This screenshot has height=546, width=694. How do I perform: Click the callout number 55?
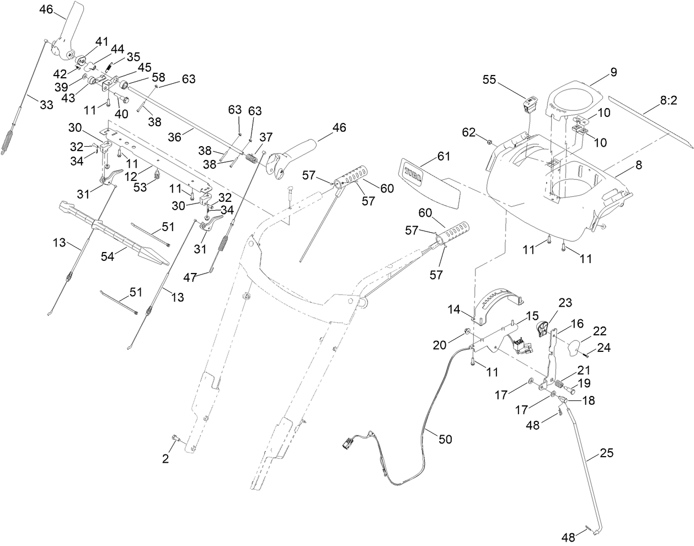pyautogui.click(x=489, y=80)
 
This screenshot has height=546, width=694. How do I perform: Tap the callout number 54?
pyautogui.click(x=108, y=256)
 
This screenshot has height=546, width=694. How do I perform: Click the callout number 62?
pyautogui.click(x=468, y=132)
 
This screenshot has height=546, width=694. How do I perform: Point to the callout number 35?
pyautogui.click(x=134, y=56)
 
